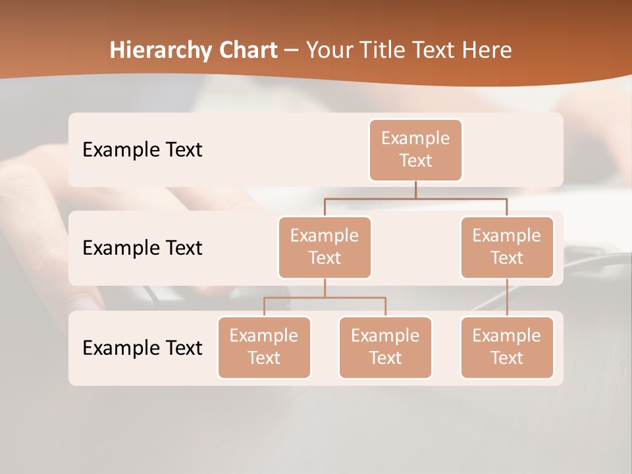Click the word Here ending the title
click(x=487, y=50)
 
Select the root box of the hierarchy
click(x=415, y=150)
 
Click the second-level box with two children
click(x=325, y=247)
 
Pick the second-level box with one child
click(x=507, y=247)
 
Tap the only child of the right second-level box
click(x=507, y=347)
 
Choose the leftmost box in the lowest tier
click(x=264, y=347)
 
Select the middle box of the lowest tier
click(x=385, y=347)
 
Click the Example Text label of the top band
click(x=142, y=150)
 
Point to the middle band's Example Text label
click(x=142, y=248)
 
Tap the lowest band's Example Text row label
click(x=142, y=348)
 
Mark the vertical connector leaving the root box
click(x=415, y=190)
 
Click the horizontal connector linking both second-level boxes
click(x=415, y=198)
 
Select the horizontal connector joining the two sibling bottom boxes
click(x=325, y=298)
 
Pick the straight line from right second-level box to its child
click(x=507, y=297)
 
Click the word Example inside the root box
click(x=415, y=138)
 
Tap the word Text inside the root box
click(x=415, y=161)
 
